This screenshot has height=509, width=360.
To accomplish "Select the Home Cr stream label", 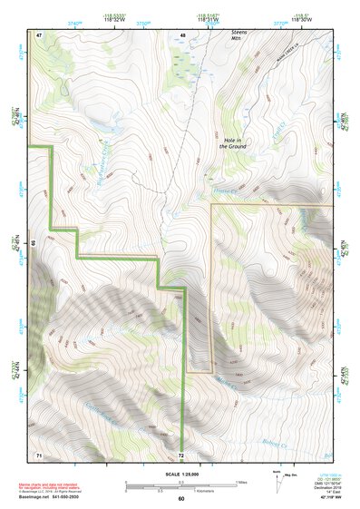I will pos(223,191).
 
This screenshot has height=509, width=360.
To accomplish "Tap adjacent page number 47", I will pos(39,34).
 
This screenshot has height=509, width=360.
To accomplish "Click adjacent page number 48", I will pos(182,34).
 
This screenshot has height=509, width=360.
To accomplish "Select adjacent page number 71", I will pos(39,453).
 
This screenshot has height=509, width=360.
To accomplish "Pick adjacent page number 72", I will pos(181,454).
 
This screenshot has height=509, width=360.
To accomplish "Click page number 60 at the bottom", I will pos(180,498).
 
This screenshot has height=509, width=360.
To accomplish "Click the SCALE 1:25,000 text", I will pos(181,475).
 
